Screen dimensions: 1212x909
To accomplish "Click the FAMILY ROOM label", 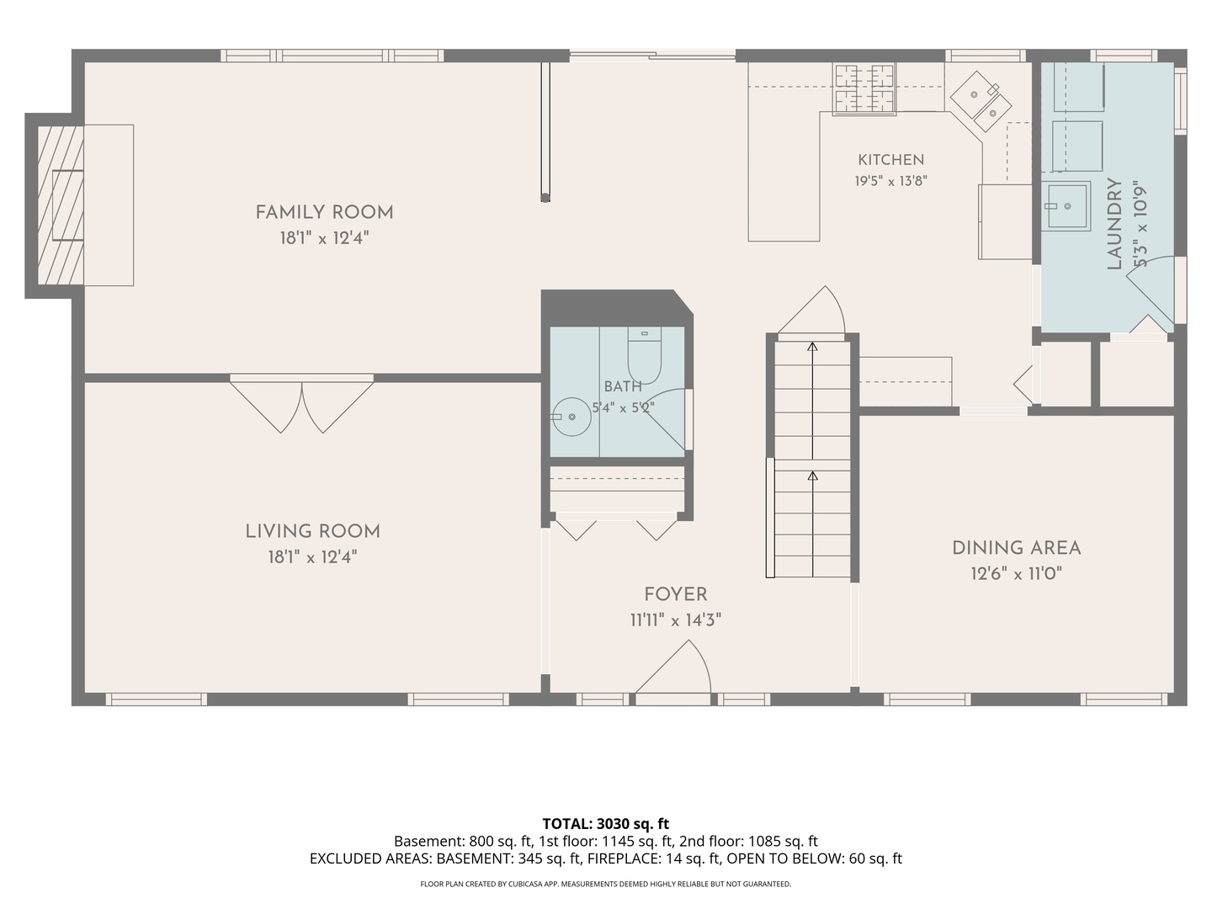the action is pyautogui.click(x=324, y=212).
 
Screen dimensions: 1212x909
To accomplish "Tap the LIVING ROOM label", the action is pyautogui.click(x=312, y=531).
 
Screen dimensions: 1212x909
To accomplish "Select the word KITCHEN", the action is pyautogui.click(x=890, y=160).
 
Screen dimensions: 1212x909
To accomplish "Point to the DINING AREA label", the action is pyautogui.click(x=1017, y=548).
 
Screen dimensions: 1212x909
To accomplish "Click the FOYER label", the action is pyautogui.click(x=676, y=594).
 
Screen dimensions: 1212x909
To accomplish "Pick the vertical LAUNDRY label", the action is pyautogui.click(x=1114, y=224).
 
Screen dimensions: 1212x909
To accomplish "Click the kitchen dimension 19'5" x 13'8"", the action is pyautogui.click(x=890, y=181).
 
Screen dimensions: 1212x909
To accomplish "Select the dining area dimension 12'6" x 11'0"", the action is pyautogui.click(x=1017, y=573).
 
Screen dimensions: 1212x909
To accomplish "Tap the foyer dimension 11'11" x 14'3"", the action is pyautogui.click(x=676, y=619).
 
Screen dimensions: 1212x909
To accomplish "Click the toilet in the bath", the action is pyautogui.click(x=645, y=355).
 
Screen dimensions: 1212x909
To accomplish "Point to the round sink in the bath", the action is pyautogui.click(x=572, y=417).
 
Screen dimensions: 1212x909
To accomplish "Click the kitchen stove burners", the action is pyautogui.click(x=864, y=89).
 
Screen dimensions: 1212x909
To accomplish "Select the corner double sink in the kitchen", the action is pyautogui.click(x=981, y=101).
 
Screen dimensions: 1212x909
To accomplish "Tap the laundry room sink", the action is pyautogui.click(x=1066, y=206).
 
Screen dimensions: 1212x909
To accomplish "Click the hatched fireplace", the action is pyautogui.click(x=61, y=205).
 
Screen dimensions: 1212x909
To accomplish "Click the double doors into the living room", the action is pyautogui.click(x=302, y=407).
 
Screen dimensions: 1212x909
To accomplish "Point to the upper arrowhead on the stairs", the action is pyautogui.click(x=812, y=347).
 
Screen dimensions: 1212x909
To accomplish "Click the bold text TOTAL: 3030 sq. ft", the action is pyautogui.click(x=606, y=824).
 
